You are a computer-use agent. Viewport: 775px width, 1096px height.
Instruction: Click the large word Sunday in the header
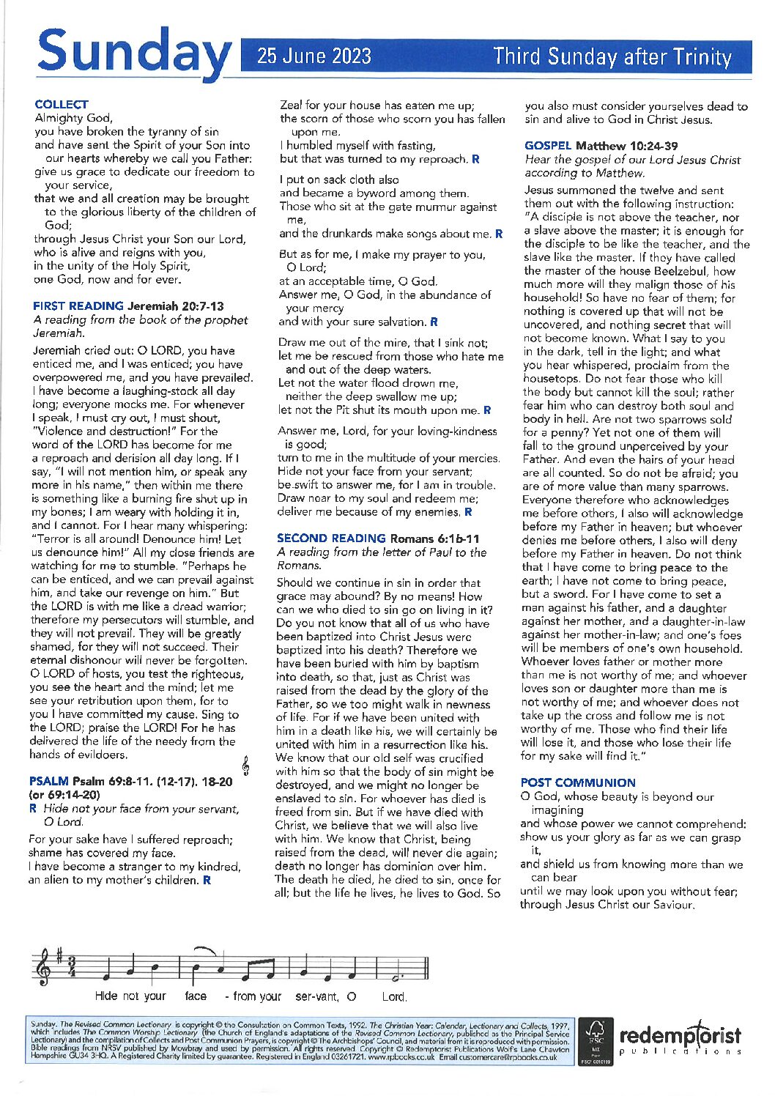[133, 51]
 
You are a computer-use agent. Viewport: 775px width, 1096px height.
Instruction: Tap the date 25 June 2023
[314, 56]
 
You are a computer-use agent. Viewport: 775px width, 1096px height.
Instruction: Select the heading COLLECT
[62, 104]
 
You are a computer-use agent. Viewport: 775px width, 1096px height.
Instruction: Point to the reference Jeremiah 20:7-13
[176, 306]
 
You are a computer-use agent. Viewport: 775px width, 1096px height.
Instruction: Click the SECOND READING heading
[331, 538]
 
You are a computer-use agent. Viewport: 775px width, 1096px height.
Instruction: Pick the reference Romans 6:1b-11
[435, 538]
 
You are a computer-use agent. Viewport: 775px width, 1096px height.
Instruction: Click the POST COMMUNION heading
[578, 782]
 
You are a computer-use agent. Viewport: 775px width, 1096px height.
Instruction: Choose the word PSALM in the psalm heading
[48, 782]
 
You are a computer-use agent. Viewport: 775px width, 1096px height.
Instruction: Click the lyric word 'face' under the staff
[196, 996]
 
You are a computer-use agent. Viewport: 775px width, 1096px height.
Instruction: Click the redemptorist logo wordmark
[681, 1035]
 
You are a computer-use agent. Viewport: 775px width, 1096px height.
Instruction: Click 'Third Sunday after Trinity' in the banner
[612, 56]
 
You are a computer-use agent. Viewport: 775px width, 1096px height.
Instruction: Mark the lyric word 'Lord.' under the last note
[394, 996]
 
